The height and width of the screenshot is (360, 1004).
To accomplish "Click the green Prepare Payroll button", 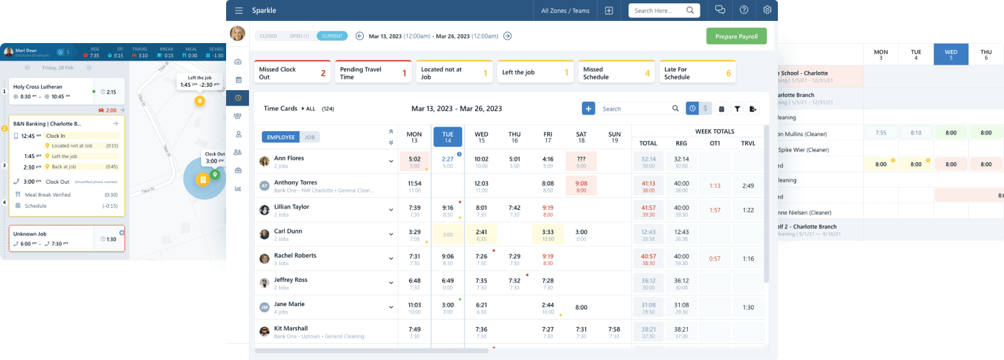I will click(736, 36).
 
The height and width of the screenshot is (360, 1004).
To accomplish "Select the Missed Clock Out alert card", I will click(292, 73).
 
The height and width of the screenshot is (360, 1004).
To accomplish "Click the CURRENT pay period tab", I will click(332, 36).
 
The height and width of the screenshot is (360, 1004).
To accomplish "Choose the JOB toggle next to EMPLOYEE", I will click(310, 137).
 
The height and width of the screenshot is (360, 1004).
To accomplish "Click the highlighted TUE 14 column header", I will click(447, 137).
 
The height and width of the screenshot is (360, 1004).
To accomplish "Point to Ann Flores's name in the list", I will click(289, 158).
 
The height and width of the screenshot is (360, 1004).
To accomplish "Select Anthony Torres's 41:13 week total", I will click(648, 186).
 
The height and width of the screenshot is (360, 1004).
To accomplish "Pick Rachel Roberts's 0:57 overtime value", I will click(715, 258).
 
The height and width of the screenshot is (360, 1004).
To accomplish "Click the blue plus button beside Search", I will click(588, 108).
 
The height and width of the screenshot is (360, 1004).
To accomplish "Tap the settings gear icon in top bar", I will click(767, 10).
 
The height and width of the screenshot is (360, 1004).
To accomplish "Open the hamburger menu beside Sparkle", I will click(239, 11).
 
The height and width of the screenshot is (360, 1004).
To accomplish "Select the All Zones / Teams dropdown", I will click(565, 11).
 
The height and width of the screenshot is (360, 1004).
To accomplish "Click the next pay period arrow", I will click(507, 36).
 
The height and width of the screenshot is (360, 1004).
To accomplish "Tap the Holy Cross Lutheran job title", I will click(38, 86).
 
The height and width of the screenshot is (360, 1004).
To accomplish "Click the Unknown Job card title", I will click(30, 233).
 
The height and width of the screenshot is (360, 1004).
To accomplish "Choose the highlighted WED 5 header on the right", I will click(951, 55).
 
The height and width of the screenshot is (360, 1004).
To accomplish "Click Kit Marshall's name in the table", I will click(291, 328).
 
